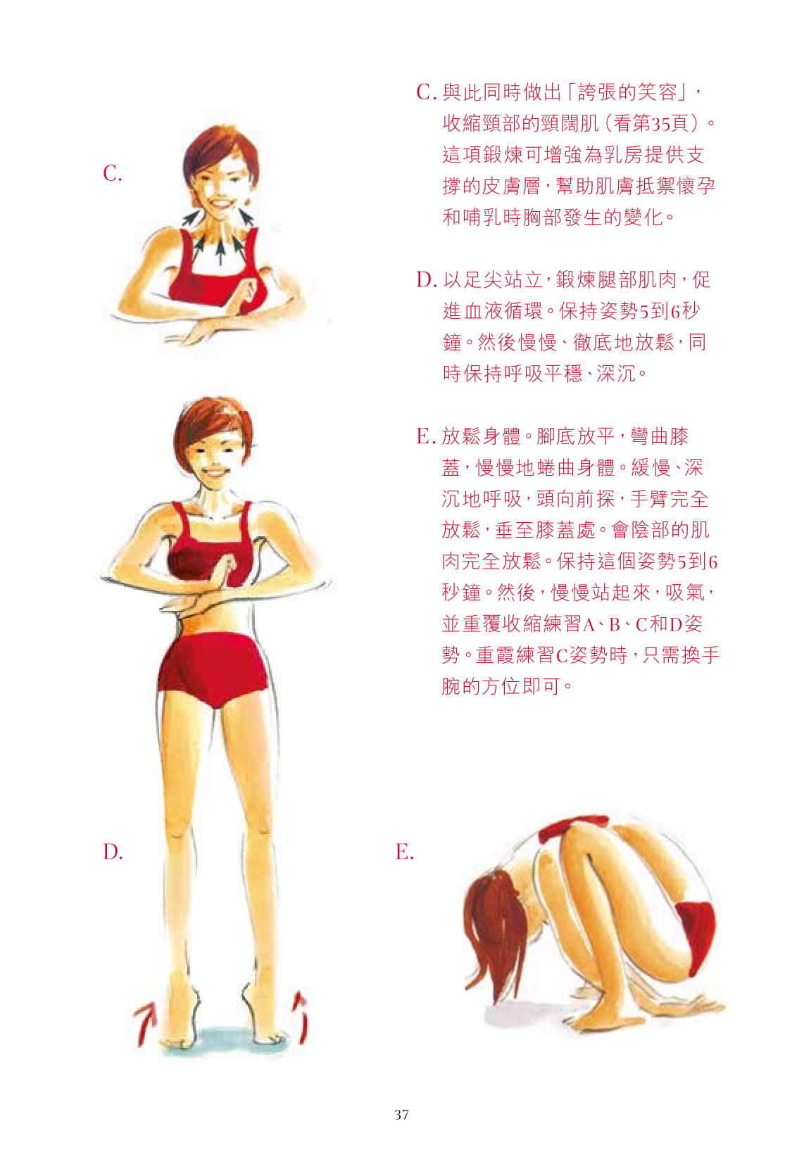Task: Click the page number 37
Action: click(x=401, y=1114)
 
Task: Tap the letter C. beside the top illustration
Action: click(x=113, y=173)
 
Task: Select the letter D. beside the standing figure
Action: click(x=113, y=851)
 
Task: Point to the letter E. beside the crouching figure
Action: click(x=404, y=851)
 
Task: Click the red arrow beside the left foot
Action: click(x=145, y=1021)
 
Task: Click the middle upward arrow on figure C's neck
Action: click(x=220, y=249)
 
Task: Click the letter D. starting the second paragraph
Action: click(x=426, y=280)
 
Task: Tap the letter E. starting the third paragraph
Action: click(x=426, y=436)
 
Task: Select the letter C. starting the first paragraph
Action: click(x=426, y=92)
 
